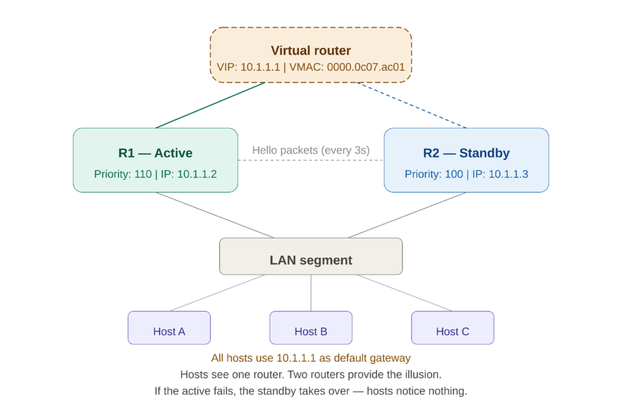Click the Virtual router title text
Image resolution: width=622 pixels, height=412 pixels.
tap(311, 50)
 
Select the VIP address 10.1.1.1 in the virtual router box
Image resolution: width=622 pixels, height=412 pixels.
tap(260, 67)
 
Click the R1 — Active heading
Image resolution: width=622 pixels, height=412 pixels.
tap(155, 153)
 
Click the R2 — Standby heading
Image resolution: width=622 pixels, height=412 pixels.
tap(466, 153)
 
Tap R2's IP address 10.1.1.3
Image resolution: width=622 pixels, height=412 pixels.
tap(508, 174)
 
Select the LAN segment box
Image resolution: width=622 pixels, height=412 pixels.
tap(311, 256)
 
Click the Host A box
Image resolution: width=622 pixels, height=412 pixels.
tap(169, 328)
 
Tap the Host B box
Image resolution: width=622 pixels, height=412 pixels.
tap(311, 328)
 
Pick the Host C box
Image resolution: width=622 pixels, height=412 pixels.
tap(453, 328)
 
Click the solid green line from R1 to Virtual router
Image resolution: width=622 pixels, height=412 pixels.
tap(211, 105)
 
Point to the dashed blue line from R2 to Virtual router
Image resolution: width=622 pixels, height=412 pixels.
tap(411, 105)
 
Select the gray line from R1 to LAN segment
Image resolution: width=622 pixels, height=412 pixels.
tap(216, 215)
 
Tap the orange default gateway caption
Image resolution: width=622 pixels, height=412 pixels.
tap(311, 358)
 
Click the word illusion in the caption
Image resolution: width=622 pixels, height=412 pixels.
tap(420, 375)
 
